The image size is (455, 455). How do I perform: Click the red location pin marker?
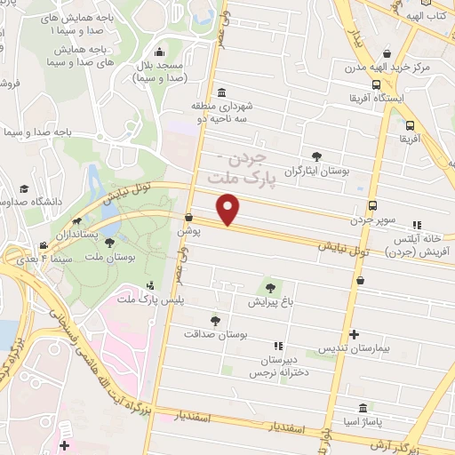[x=229, y=209]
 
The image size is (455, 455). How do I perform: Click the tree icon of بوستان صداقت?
[x=214, y=320]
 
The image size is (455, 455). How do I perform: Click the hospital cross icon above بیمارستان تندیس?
[x=355, y=335]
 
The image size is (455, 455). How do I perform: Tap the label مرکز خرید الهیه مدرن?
[x=387, y=68]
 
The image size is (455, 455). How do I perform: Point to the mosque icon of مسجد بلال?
[x=158, y=52]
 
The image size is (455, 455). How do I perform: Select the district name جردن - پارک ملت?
[x=238, y=168]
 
